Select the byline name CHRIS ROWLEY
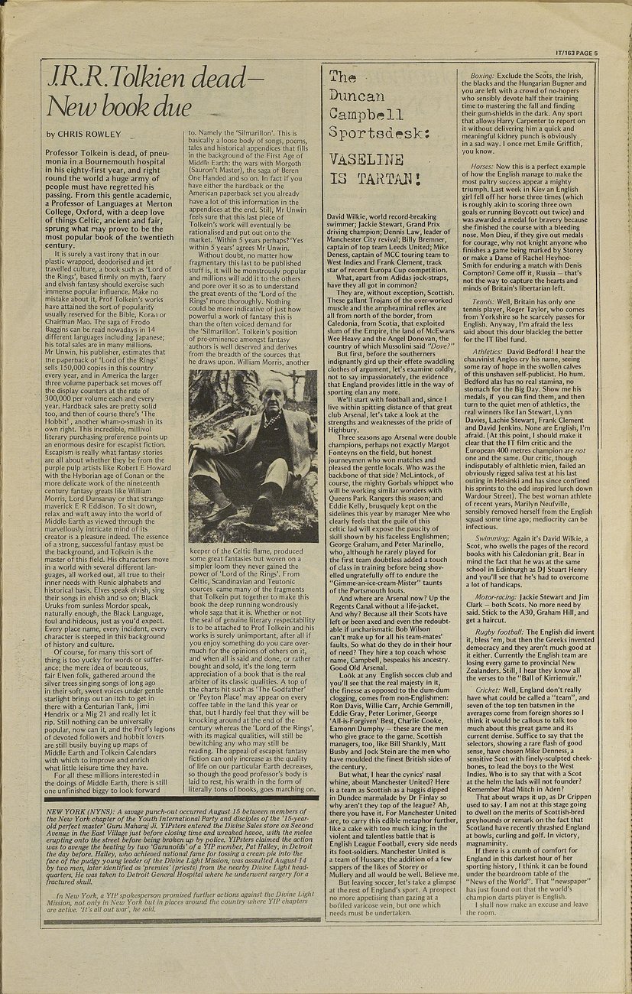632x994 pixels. point(89,134)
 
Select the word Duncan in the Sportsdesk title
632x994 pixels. point(356,96)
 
